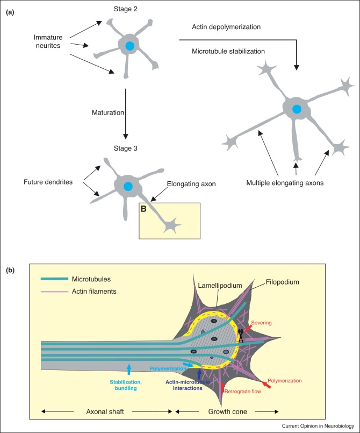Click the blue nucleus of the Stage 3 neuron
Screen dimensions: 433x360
click(x=128, y=186)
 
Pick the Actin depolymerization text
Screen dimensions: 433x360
click(x=227, y=26)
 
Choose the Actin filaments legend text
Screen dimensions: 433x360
click(x=98, y=291)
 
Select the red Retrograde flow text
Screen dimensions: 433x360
click(x=241, y=391)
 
